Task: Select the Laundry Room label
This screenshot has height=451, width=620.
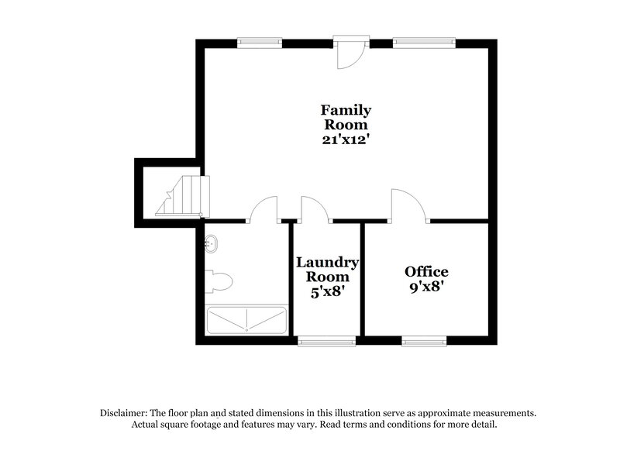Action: [x=327, y=269]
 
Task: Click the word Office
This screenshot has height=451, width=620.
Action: [x=426, y=271]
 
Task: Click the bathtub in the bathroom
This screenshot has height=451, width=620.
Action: [x=245, y=320]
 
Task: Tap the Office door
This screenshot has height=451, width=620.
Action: [x=408, y=205]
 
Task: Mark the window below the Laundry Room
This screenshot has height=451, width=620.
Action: [x=326, y=339]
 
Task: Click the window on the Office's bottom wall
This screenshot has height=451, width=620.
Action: [x=424, y=339]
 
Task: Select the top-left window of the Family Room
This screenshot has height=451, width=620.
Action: [x=260, y=43]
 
